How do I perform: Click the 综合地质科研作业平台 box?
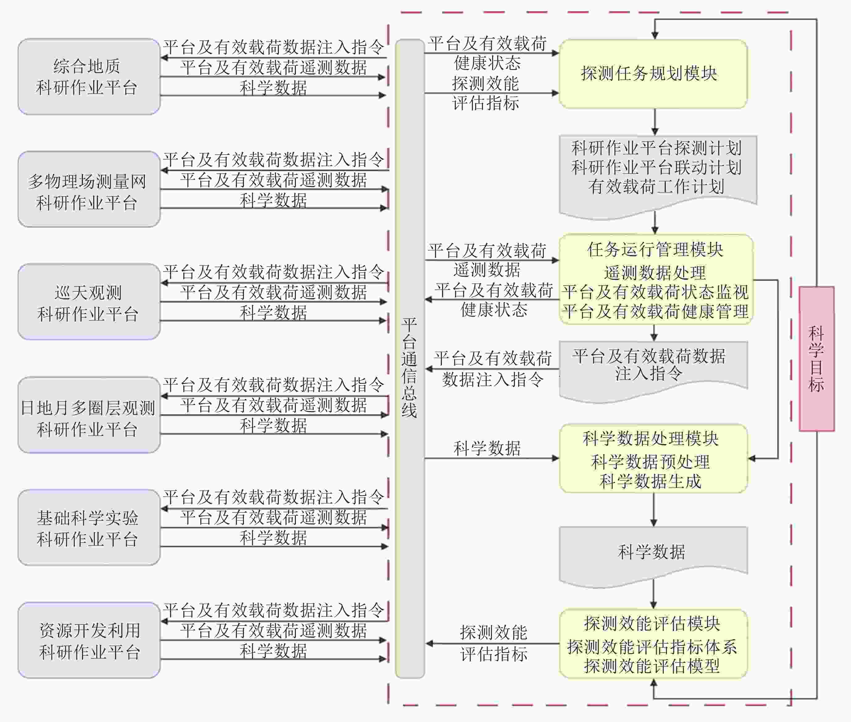point(89,76)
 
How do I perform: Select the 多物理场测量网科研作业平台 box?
point(89,189)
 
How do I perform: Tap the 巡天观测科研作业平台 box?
point(89,302)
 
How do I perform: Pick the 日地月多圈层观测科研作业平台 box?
point(89,415)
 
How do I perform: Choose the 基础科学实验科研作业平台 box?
point(89,527)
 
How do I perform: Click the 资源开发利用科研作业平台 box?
point(89,640)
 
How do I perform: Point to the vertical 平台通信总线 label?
point(409,367)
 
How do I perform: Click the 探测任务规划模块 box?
point(653,74)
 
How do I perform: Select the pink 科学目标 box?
point(816,359)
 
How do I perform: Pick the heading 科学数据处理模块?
point(651,438)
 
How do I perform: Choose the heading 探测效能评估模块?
point(652,623)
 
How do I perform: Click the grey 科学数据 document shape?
point(653,553)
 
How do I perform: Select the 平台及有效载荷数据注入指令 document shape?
point(653,366)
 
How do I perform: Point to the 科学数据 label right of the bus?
point(487,448)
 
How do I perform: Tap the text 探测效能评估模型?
point(652,666)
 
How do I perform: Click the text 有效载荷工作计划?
point(656,187)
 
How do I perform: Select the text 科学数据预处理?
point(651,462)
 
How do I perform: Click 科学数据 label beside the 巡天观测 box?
point(273,313)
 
